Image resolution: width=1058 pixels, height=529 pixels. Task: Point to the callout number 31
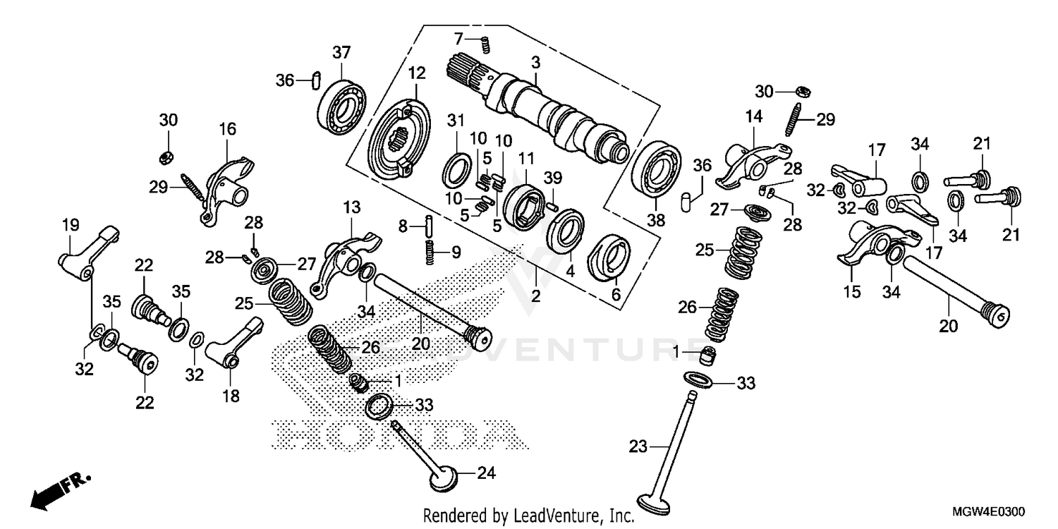[x=456, y=119]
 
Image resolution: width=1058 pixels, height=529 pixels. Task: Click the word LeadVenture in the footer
[x=550, y=516]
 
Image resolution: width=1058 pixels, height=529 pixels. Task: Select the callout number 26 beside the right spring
[x=687, y=308]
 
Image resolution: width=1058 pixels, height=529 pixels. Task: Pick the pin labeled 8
[x=428, y=226]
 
